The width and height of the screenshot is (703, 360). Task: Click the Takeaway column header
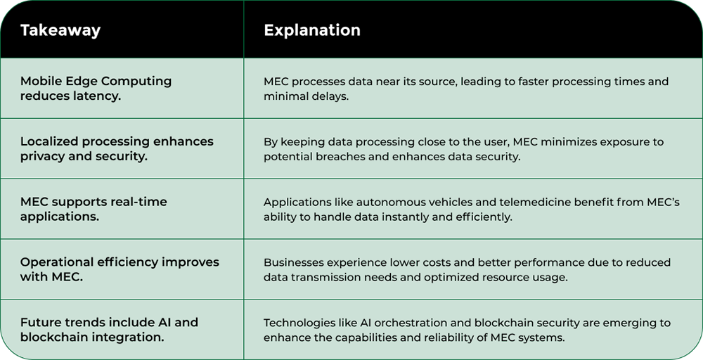pos(60,30)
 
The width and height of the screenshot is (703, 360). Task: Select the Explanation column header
pos(311,30)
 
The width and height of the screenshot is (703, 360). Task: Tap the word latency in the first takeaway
pos(96,96)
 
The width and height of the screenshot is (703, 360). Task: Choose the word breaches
pos(342,157)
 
